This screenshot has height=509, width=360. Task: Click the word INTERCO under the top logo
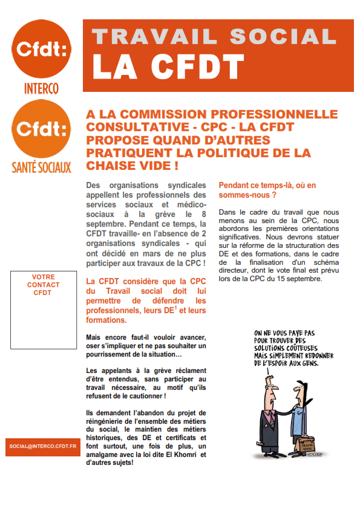pos(41,88)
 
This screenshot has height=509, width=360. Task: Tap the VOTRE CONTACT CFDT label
pos(43,285)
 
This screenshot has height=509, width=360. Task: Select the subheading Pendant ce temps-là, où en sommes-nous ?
pos(266,190)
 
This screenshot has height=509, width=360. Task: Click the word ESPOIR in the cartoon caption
pos(285,364)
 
